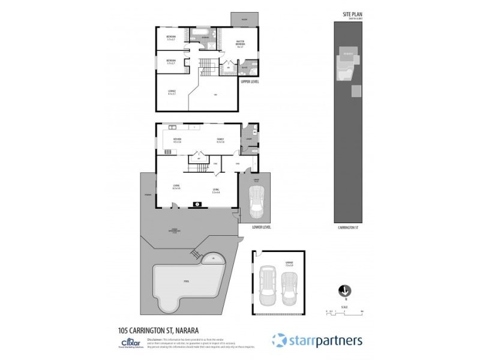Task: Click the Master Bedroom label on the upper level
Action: click(x=240, y=45)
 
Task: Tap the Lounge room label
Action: click(x=172, y=92)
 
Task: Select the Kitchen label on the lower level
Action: click(x=177, y=140)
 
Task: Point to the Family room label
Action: click(x=220, y=140)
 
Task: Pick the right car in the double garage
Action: click(x=290, y=288)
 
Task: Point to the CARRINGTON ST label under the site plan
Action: click(x=349, y=228)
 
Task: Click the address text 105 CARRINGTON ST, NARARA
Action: click(x=159, y=329)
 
